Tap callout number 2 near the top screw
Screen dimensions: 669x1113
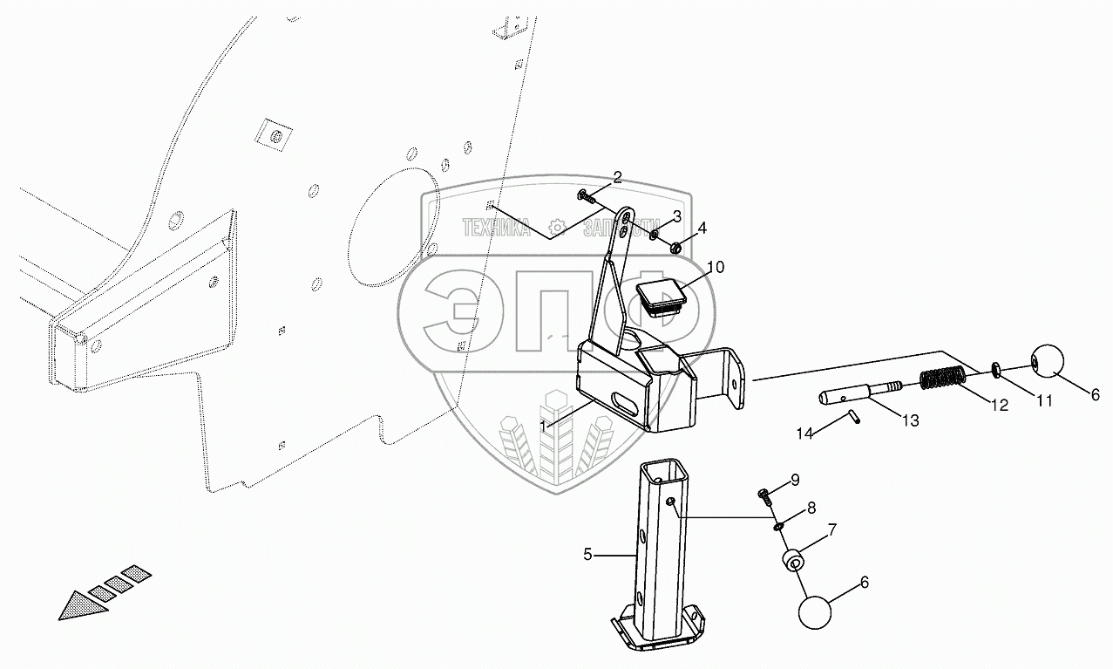click(617, 177)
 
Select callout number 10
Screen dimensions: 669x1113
click(715, 267)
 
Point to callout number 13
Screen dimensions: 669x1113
click(910, 421)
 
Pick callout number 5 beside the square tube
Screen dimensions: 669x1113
click(587, 553)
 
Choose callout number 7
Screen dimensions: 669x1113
click(831, 529)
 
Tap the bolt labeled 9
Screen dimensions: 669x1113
click(765, 495)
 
